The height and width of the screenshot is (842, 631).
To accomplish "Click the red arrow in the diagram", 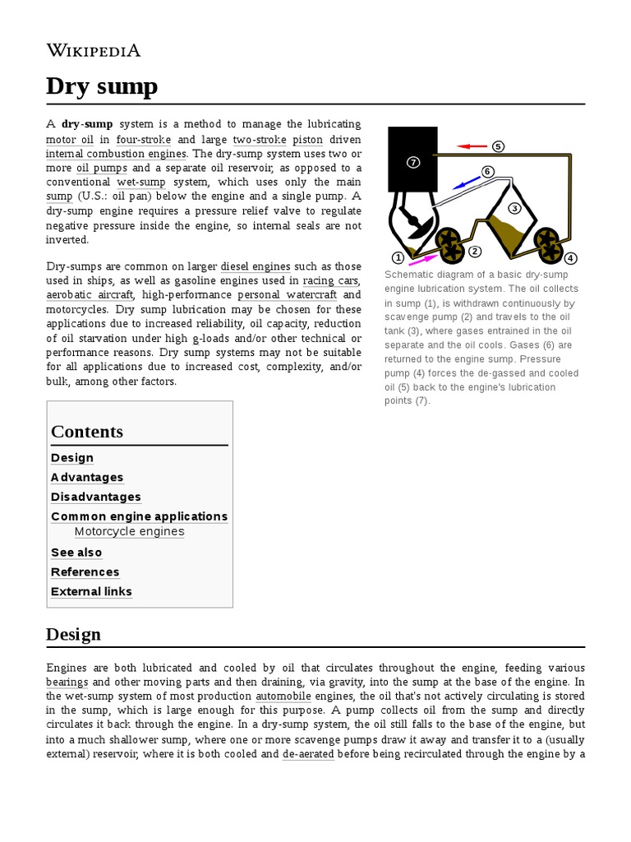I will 472,146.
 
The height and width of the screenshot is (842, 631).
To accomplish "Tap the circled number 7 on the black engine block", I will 413,162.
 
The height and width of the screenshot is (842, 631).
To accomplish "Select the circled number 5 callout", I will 498,146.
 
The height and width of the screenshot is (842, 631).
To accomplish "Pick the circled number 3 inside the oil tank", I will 515,207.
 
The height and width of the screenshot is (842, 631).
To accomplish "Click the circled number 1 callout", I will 398,257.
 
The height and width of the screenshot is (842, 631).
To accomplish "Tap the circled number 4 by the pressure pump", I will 571,257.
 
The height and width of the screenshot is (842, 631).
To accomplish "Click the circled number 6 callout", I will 487,171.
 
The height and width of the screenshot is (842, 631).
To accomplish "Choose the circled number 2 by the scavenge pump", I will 474,251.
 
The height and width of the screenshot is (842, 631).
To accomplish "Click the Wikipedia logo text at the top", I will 93,51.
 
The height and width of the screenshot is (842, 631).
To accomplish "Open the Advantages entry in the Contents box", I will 87,477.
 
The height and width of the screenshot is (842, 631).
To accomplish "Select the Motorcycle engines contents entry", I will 129,531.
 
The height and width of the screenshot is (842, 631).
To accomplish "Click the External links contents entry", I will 91,591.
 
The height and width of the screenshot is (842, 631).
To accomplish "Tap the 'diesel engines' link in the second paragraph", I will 255,266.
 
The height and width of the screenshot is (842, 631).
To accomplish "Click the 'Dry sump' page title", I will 102,86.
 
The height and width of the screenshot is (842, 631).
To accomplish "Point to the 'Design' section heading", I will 74,634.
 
